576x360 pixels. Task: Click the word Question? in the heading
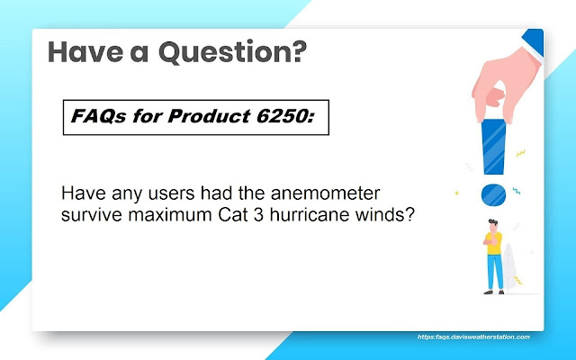[232, 52]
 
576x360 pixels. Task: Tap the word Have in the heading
[85, 51]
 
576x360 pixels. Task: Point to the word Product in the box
[209, 116]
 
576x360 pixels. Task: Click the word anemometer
[325, 193]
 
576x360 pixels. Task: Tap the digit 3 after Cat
[258, 215]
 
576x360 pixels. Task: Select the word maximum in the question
[170, 215]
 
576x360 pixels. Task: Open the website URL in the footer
[473, 337]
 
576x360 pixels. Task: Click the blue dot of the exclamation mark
[493, 194]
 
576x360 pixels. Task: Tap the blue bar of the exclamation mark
[494, 147]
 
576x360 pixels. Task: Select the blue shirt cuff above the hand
[533, 42]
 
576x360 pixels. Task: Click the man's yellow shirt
[494, 242]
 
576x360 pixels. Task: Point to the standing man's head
[492, 225]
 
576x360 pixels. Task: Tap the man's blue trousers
[495, 272]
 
